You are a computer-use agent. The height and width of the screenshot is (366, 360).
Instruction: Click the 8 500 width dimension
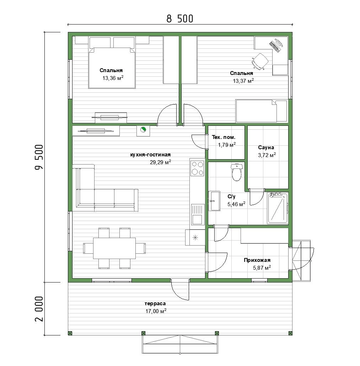180,19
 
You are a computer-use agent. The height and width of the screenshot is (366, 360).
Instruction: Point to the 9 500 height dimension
39,157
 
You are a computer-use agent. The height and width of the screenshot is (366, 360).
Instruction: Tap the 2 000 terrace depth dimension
39,309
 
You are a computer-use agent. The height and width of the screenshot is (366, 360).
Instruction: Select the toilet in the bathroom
237,172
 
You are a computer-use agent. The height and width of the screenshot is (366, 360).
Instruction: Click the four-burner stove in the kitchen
197,168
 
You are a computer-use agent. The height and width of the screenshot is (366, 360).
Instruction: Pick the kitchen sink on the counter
198,214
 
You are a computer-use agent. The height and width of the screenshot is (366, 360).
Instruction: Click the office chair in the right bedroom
260,61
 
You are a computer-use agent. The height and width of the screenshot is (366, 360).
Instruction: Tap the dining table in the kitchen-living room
114,248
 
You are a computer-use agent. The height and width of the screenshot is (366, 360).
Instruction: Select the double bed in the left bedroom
112,68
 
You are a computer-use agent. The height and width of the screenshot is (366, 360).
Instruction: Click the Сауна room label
266,147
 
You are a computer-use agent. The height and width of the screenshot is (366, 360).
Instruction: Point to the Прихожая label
257,260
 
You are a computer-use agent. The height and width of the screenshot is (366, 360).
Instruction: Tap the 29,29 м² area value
160,162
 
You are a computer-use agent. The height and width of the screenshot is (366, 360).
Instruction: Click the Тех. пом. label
224,137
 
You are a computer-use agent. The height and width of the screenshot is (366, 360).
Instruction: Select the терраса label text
155,304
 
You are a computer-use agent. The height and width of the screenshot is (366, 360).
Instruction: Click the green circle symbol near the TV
143,129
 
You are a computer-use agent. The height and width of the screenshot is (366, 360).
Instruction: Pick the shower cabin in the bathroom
278,208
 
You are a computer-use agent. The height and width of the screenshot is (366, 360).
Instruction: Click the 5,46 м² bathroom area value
236,204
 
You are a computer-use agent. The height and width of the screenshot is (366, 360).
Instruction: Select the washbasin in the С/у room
214,201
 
